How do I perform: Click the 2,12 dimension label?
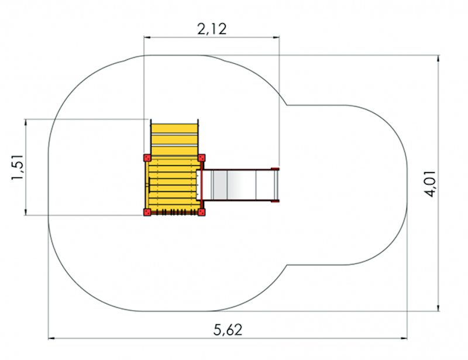click(x=212, y=29)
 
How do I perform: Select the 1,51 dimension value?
click(x=18, y=167)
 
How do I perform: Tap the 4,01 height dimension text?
click(x=431, y=184)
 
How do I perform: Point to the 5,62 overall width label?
click(x=228, y=330)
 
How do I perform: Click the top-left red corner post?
click(x=147, y=158)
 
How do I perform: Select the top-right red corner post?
click(x=202, y=157)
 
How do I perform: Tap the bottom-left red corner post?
click(x=147, y=212)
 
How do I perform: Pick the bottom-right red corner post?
click(x=202, y=212)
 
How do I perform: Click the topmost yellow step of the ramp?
click(x=174, y=129)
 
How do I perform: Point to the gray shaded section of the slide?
click(x=220, y=185)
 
